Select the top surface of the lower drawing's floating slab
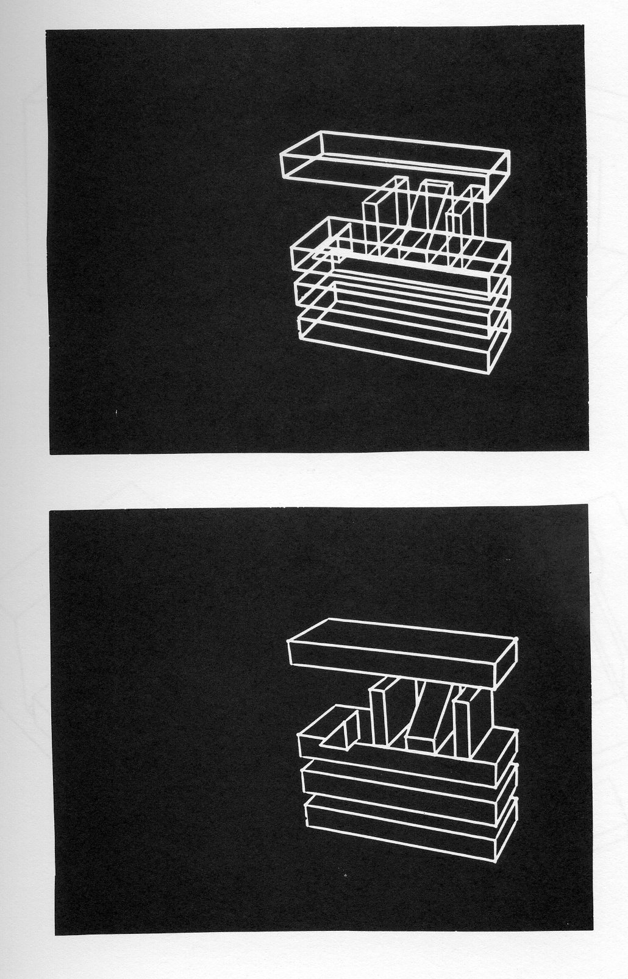[x=402, y=631]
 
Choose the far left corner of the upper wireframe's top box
[x=281, y=155]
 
